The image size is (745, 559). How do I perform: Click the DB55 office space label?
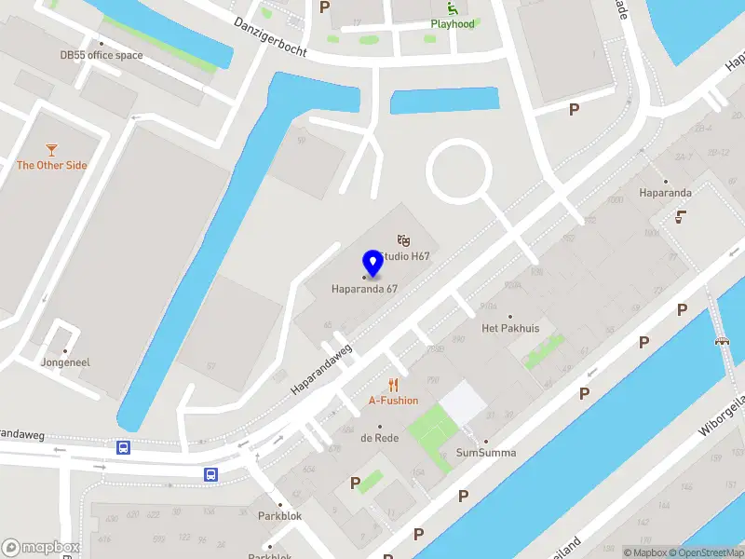click(x=102, y=55)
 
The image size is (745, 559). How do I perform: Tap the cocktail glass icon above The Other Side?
click(x=52, y=149)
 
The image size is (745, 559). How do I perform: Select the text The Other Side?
click(x=52, y=165)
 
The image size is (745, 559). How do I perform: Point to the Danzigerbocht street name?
click(x=270, y=36)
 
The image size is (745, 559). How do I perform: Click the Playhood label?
click(x=453, y=23)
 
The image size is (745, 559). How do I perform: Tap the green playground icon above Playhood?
click(x=453, y=8)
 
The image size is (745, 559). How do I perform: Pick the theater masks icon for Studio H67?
click(x=403, y=240)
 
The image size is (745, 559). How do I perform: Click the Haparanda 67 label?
click(x=365, y=289)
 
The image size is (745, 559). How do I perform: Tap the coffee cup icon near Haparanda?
click(x=681, y=216)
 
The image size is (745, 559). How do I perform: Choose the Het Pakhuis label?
click(x=510, y=328)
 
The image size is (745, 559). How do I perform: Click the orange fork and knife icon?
click(x=393, y=385)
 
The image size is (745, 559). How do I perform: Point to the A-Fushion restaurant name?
click(x=393, y=401)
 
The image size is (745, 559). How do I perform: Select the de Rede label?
click(x=380, y=437)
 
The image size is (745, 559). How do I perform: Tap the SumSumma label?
click(x=485, y=453)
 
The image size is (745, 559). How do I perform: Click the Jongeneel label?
click(x=65, y=361)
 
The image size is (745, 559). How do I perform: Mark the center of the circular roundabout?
click(x=458, y=169)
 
